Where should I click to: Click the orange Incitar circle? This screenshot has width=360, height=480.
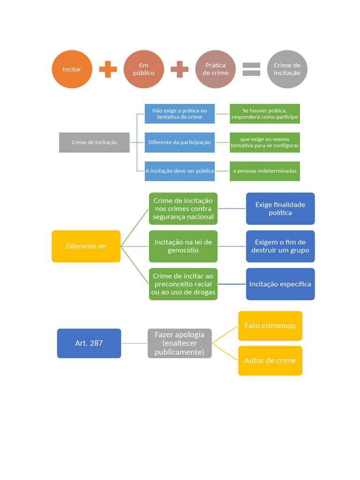[x=72, y=69]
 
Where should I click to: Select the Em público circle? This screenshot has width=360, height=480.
[x=143, y=69]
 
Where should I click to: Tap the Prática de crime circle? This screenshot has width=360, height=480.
[x=216, y=69]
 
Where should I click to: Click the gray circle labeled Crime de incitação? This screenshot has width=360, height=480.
[x=287, y=69]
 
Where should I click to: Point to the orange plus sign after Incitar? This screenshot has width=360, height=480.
[x=108, y=69]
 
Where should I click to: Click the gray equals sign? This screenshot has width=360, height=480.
[x=251, y=69]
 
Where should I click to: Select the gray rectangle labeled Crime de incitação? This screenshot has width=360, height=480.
[x=94, y=142]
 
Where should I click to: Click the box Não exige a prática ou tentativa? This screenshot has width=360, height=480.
[x=180, y=113]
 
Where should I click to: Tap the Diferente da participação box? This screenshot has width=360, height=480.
[x=180, y=142]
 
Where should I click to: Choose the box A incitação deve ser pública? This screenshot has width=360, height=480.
[x=180, y=171]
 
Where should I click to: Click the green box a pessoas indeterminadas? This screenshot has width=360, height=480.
[x=265, y=171]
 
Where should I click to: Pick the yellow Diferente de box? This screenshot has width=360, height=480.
[x=86, y=246]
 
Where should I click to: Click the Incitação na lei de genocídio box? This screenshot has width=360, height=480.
[x=183, y=246]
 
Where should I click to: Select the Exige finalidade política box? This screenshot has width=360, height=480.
[x=280, y=209]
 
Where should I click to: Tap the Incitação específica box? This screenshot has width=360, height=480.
[x=280, y=284]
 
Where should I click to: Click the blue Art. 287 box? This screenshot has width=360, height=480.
[x=89, y=343]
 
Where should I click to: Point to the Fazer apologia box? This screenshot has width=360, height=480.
[x=180, y=343]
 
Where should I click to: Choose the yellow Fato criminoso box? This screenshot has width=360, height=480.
[x=270, y=326]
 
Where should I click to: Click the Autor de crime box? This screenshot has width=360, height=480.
[x=270, y=360]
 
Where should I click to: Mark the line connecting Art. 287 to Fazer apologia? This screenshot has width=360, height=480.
[x=135, y=343]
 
